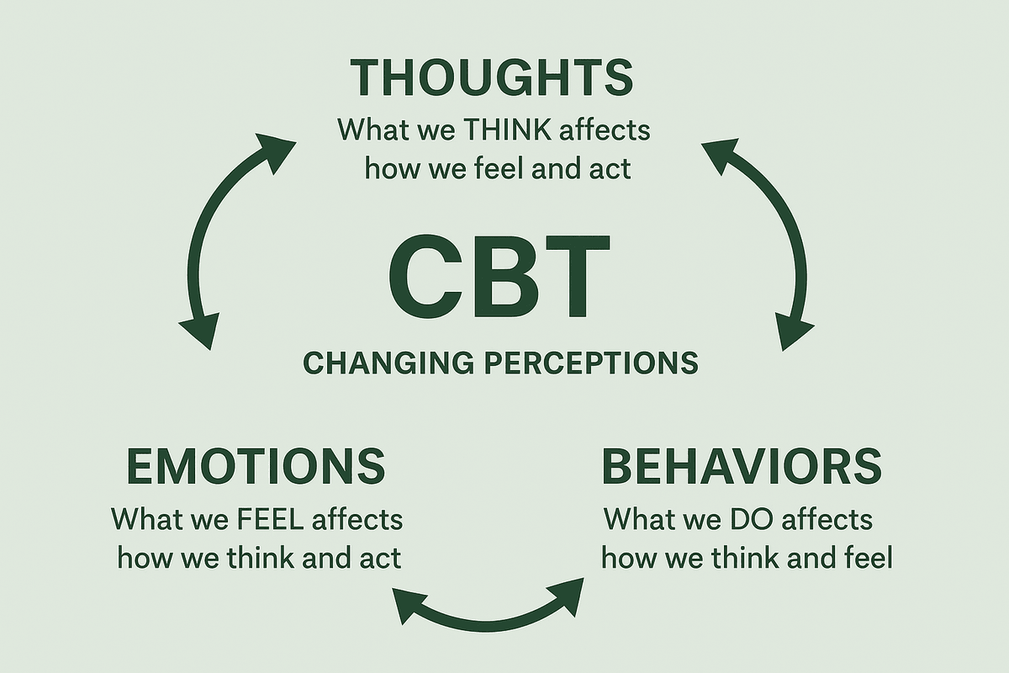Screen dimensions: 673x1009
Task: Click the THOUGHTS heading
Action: pyautogui.click(x=492, y=77)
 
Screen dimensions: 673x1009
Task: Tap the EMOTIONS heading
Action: pyautogui.click(x=256, y=465)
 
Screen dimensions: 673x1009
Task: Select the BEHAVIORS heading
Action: pyautogui.click(x=742, y=465)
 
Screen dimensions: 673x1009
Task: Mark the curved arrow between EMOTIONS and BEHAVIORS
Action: pyautogui.click(x=489, y=612)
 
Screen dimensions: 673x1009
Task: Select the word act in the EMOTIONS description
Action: pyautogui.click(x=380, y=557)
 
